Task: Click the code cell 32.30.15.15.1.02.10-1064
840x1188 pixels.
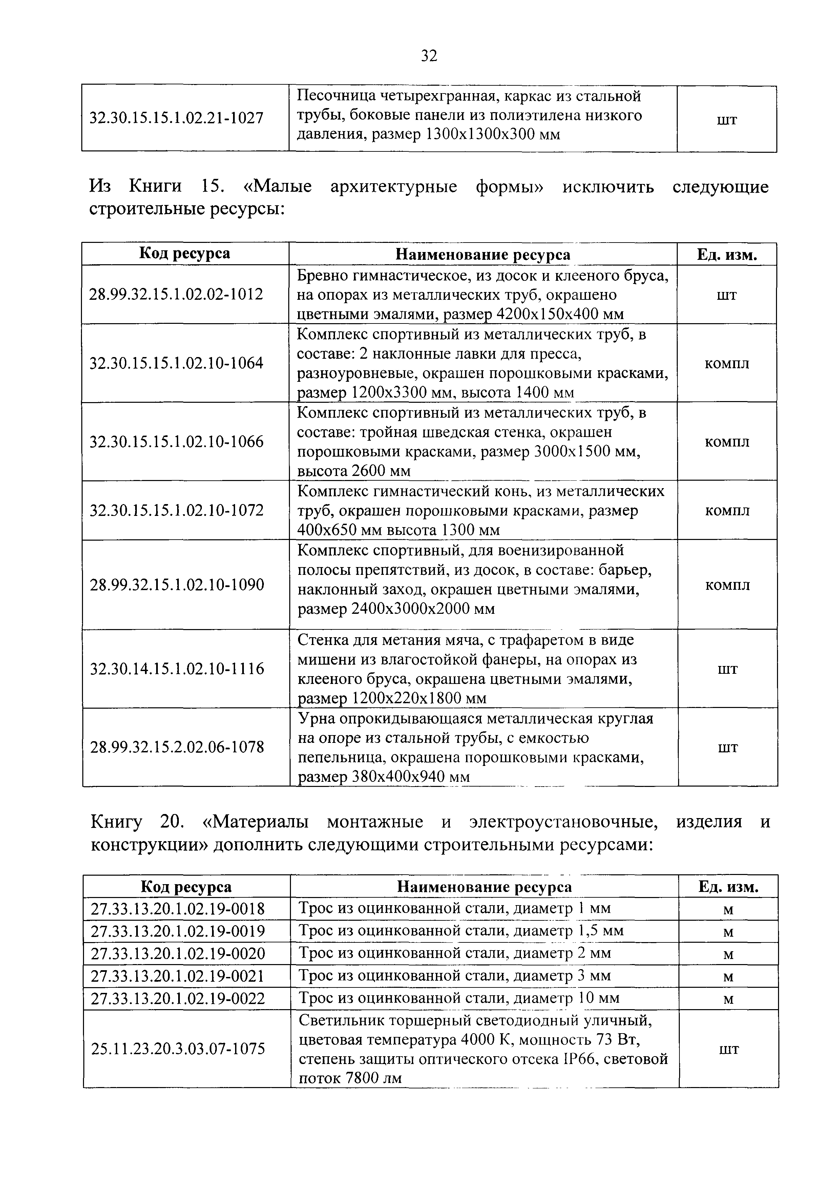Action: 176,363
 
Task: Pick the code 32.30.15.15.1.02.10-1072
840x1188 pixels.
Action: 176,511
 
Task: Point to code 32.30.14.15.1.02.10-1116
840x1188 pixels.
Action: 177,669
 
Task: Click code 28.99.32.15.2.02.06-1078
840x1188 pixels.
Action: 177,747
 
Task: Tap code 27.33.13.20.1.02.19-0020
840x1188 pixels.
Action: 178,954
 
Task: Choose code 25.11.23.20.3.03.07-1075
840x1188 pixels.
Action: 178,1049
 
